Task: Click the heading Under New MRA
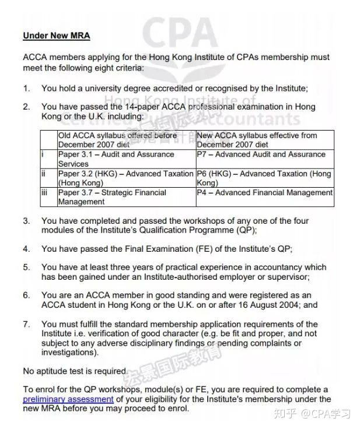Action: click(x=57, y=36)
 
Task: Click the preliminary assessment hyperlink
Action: click(x=68, y=399)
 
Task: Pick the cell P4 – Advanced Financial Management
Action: click(x=265, y=192)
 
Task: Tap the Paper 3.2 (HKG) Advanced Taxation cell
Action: click(x=126, y=178)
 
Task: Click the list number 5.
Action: click(x=26, y=267)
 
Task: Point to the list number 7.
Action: click(x=26, y=324)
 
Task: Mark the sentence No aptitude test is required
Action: click(x=75, y=371)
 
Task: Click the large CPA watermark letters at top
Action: click(x=180, y=35)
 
